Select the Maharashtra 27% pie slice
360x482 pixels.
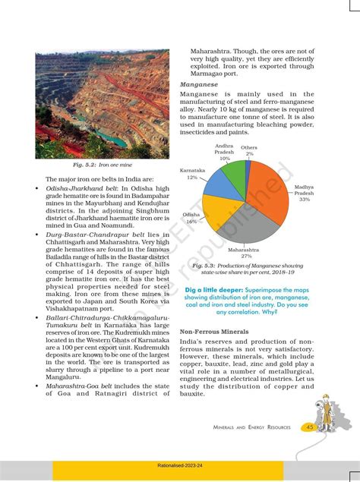(x=247, y=224)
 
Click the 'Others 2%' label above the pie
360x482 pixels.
(x=249, y=150)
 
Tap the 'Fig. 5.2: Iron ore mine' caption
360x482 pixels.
(x=101, y=165)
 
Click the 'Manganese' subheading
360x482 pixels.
(x=198, y=85)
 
